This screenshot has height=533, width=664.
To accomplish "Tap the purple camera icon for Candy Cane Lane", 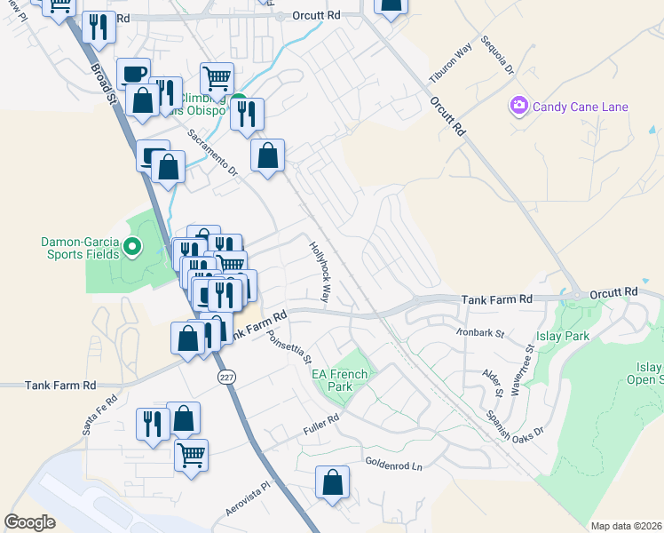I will click(518, 107).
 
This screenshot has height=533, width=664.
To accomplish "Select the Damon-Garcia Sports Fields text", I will click(79, 246).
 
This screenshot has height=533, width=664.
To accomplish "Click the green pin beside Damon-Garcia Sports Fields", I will click(133, 246).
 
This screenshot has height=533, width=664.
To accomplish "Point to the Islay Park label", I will click(563, 337).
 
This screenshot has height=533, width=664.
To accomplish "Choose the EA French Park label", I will click(332, 380).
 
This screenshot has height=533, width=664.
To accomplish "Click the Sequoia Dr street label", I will click(497, 55).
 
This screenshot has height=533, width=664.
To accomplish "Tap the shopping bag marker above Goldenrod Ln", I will click(332, 483).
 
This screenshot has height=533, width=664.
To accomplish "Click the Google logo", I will click(29, 522).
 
